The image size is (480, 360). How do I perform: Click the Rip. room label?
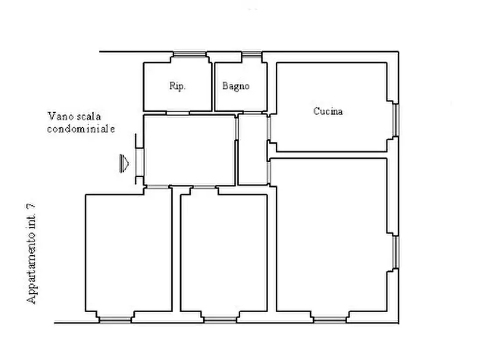click(177, 86)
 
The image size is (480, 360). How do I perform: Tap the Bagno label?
click(236, 86)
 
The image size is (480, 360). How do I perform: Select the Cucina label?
click(328, 111)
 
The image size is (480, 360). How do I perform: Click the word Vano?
click(61, 116)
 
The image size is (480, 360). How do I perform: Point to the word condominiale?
click(81, 129)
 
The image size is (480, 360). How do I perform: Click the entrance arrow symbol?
click(124, 163)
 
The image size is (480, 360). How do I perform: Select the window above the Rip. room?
click(190, 54)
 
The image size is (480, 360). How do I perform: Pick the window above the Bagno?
click(252, 54)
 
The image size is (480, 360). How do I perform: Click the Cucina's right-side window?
click(396, 120)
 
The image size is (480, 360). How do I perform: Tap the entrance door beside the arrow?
click(140, 162)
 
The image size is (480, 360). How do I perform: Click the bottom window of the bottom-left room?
click(116, 320)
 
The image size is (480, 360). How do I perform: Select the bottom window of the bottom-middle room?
click(220, 320)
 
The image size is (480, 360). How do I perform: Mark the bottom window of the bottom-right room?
click(330, 320)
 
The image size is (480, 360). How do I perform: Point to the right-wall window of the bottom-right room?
click(396, 252)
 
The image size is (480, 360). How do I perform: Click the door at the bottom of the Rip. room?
click(178, 113)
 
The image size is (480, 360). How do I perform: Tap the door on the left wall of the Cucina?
click(269, 128)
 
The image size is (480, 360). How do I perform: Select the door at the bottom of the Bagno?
click(252, 113)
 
